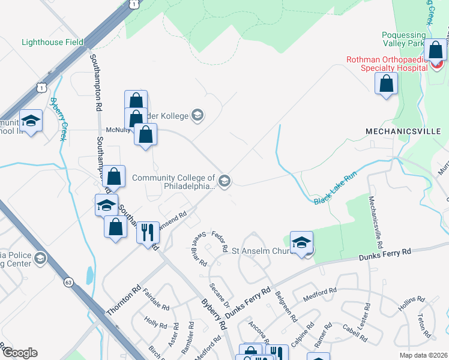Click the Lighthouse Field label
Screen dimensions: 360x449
pos(52,42)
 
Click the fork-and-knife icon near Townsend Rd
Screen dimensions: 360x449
pos(148,230)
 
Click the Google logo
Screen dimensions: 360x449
pos(19,353)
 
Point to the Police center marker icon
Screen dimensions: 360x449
pos(40,259)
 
